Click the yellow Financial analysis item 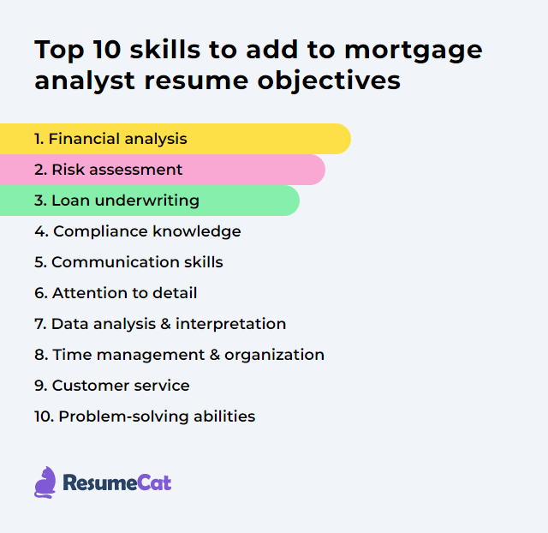tap(111, 139)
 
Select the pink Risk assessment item tap(109, 170)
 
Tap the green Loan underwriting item tap(116, 201)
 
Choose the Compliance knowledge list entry tap(138, 231)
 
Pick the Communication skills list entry tap(128, 262)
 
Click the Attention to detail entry tap(116, 293)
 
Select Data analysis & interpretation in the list tap(160, 324)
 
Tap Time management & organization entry tap(179, 355)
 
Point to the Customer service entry tap(112, 386)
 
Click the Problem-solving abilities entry tap(145, 416)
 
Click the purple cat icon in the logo tap(45, 482)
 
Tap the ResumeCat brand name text tap(117, 483)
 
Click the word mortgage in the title tap(415, 51)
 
